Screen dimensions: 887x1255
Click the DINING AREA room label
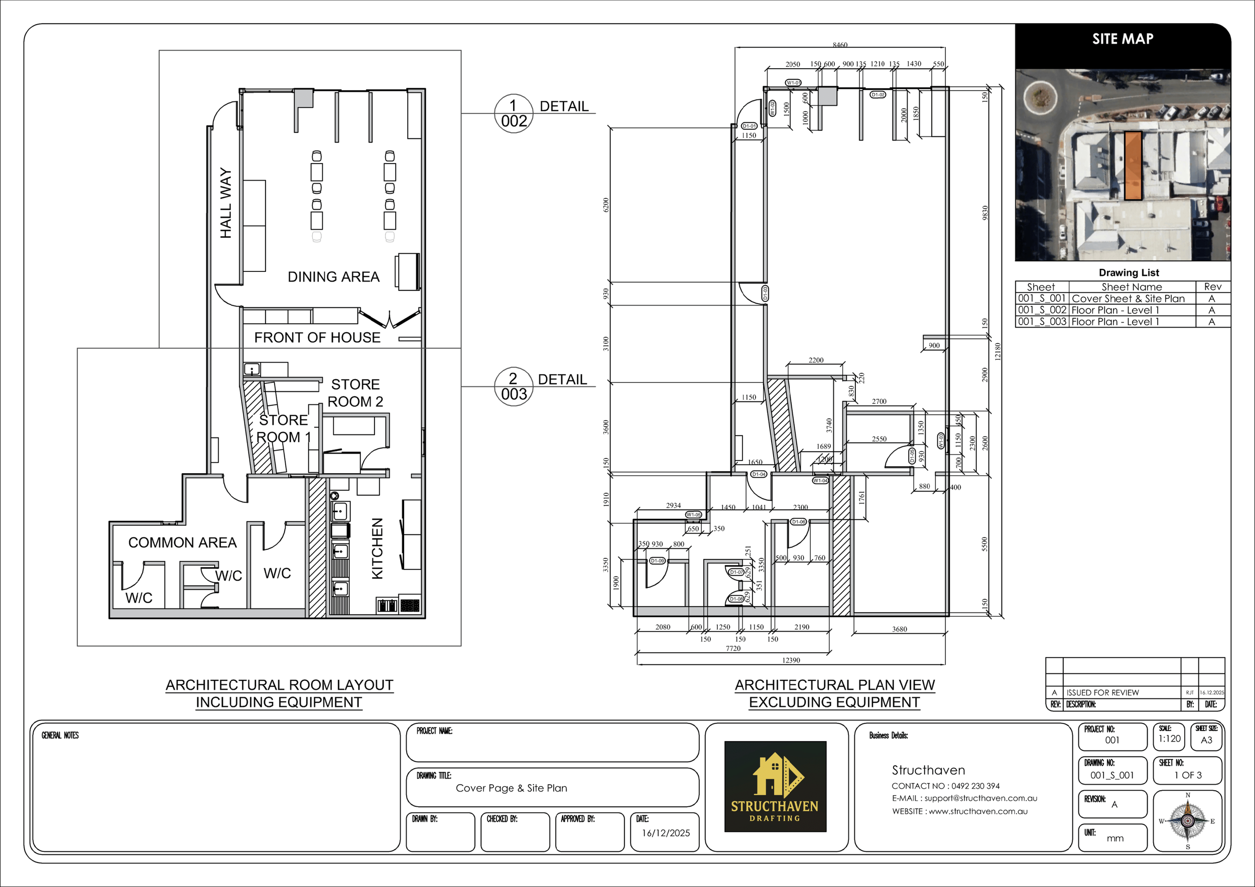click(333, 277)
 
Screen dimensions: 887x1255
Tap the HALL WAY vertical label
click(226, 203)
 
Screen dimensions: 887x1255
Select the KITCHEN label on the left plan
click(377, 548)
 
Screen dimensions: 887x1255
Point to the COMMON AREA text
click(182, 542)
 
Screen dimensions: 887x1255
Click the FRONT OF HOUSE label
click(317, 338)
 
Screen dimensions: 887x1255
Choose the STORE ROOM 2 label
click(355, 393)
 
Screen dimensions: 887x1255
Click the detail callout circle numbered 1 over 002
click(513, 113)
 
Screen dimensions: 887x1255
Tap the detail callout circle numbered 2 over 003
click(513, 387)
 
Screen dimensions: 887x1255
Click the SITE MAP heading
click(1122, 39)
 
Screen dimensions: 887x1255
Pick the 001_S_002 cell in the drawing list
click(1042, 310)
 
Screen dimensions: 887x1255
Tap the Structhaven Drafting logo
click(775, 787)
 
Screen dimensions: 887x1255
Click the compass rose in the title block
click(1187, 821)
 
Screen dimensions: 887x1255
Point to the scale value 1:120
click(1170, 738)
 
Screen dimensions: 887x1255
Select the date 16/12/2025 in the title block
click(665, 833)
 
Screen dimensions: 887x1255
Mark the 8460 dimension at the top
click(839, 45)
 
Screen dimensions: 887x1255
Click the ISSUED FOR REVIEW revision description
click(1102, 692)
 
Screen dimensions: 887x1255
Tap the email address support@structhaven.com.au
click(965, 798)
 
